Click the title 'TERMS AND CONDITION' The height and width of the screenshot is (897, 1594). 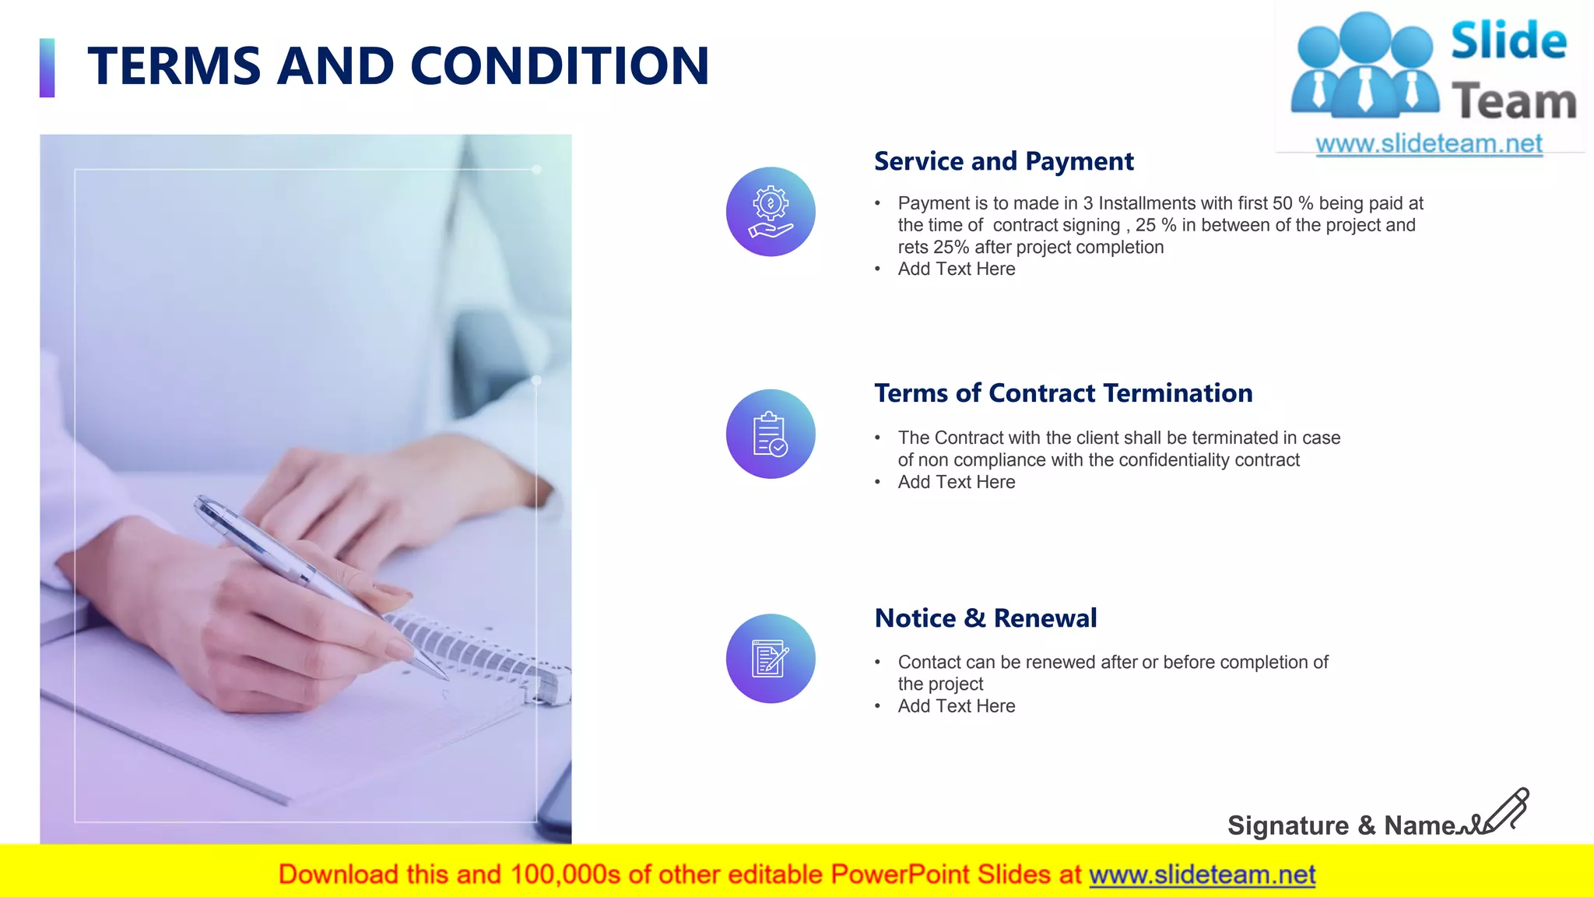click(x=398, y=66)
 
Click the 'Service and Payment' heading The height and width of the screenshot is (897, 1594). click(x=1003, y=161)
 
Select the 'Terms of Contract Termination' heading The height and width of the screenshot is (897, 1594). click(x=1063, y=393)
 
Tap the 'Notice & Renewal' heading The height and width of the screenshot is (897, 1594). click(x=985, y=618)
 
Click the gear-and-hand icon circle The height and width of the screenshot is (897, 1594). click(x=771, y=212)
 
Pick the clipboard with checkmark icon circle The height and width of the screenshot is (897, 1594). click(x=771, y=434)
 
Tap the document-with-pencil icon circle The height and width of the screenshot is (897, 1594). click(x=771, y=659)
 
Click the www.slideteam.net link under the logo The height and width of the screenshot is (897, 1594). click(x=1428, y=144)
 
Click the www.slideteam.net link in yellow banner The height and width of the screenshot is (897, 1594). click(x=1202, y=875)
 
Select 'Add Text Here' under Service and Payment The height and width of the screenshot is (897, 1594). click(x=956, y=269)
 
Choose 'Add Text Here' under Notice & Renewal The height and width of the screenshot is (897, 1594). click(x=956, y=706)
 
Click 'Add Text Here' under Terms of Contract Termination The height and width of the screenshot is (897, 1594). click(x=956, y=483)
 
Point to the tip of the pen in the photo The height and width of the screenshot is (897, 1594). click(x=445, y=677)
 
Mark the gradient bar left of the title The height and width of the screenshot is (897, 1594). click(x=47, y=68)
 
